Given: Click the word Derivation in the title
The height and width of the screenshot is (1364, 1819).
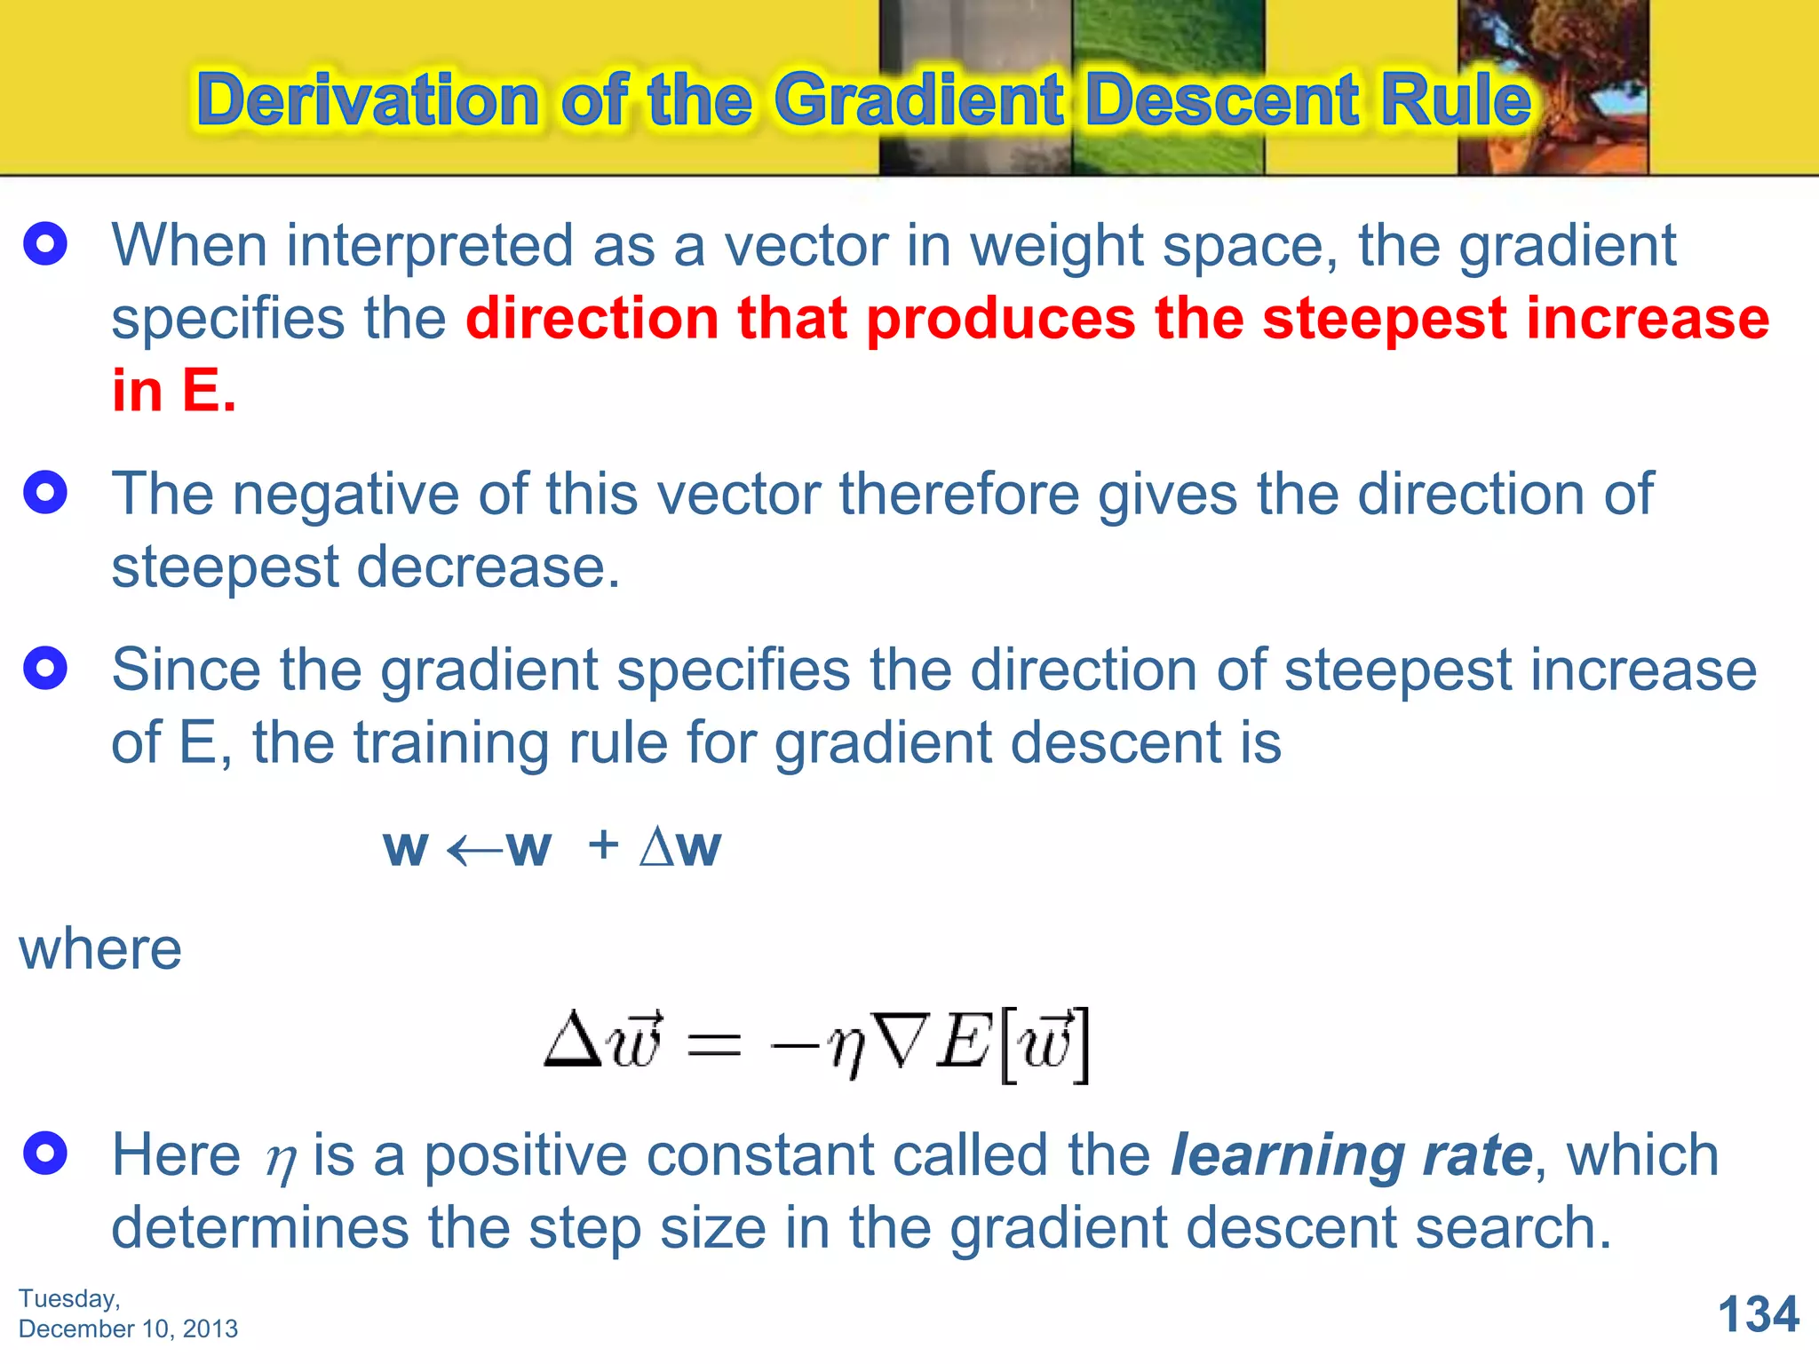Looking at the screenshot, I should click(368, 99).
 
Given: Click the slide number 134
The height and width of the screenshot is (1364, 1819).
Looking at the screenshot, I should click(1758, 1314).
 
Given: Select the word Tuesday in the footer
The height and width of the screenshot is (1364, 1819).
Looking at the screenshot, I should click(68, 1298).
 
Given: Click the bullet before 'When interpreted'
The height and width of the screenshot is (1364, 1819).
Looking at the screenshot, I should click(45, 244).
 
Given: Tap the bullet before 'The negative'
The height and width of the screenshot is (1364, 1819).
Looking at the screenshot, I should click(45, 492).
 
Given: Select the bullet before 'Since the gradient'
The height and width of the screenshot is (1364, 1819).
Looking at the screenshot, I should click(45, 668).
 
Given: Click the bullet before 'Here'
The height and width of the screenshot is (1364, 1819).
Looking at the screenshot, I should click(45, 1154).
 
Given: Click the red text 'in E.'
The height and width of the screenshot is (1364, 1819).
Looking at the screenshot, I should click(174, 391).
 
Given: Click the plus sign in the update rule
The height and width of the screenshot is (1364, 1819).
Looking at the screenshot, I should click(603, 844).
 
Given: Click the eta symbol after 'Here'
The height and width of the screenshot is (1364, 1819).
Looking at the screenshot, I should click(281, 1161).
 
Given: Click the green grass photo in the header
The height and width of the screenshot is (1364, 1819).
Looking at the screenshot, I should click(1168, 86).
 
